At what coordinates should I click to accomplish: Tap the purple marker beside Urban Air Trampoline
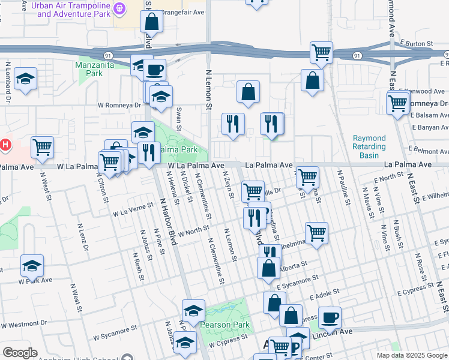coord(120,8)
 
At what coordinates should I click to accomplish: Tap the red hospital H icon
coord(5,145)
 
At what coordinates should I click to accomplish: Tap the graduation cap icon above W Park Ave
coord(32,265)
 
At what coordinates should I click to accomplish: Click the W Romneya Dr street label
coord(119,104)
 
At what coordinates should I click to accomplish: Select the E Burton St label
coord(415,44)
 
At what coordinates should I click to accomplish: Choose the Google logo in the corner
coord(20,353)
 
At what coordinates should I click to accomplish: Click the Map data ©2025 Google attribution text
coord(412,355)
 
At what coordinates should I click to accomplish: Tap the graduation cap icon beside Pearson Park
coord(193,310)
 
